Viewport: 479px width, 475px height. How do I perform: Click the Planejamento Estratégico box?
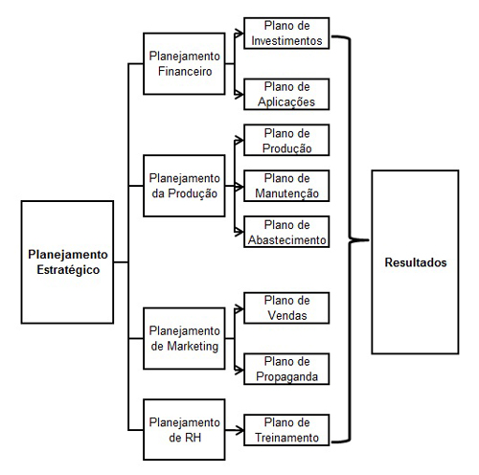click(x=67, y=262)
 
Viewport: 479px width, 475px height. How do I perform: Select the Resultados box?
click(x=415, y=262)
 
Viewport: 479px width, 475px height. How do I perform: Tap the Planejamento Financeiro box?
click(x=184, y=63)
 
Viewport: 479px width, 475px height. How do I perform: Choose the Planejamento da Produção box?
click(x=184, y=186)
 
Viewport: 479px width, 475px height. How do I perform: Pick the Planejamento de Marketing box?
click(x=184, y=338)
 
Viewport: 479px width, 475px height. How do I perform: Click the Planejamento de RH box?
click(x=184, y=430)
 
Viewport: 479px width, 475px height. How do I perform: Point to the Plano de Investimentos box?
click(x=286, y=34)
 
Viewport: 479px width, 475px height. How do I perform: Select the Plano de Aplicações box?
click(x=286, y=94)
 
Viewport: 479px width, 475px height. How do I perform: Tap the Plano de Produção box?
click(x=286, y=140)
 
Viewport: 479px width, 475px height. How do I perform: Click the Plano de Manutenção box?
click(x=286, y=186)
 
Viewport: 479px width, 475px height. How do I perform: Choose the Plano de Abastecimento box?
click(x=286, y=232)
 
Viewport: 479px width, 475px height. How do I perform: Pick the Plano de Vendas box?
click(x=286, y=308)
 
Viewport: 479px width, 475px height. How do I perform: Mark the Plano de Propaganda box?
click(x=286, y=369)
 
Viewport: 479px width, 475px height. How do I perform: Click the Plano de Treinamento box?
click(x=286, y=430)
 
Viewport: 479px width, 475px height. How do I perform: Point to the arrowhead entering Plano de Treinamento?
click(x=239, y=430)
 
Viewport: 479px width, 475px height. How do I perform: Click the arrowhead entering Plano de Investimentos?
click(x=239, y=33)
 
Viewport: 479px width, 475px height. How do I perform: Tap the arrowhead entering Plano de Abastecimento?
click(x=239, y=232)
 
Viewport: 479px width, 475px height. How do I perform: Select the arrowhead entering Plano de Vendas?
click(x=239, y=308)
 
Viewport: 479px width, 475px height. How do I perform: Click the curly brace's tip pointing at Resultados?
click(x=369, y=239)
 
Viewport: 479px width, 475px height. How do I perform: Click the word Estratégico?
click(x=68, y=270)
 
